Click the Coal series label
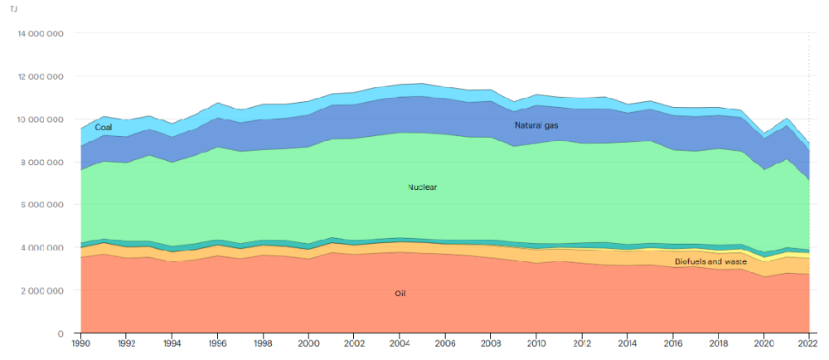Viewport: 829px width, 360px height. point(104,127)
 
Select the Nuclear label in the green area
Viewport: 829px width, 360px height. point(422,187)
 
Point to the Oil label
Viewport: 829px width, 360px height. point(400,294)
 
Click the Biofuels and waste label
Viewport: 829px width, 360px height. point(710,262)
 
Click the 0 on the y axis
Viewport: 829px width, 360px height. point(61,333)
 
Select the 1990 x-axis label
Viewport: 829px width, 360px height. point(81,343)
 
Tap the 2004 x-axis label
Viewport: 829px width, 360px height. point(400,343)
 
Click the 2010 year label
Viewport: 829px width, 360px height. point(536,343)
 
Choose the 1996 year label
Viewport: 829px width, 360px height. point(217,343)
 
